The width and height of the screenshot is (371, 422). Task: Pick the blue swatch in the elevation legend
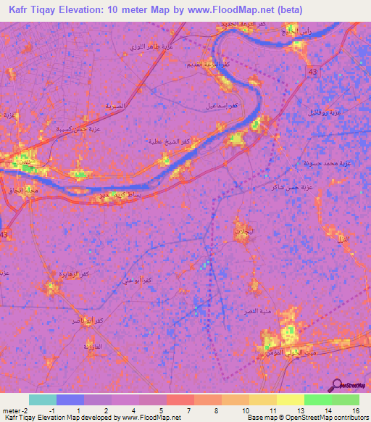click(70, 400)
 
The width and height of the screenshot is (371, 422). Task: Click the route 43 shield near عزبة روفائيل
click(312, 73)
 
